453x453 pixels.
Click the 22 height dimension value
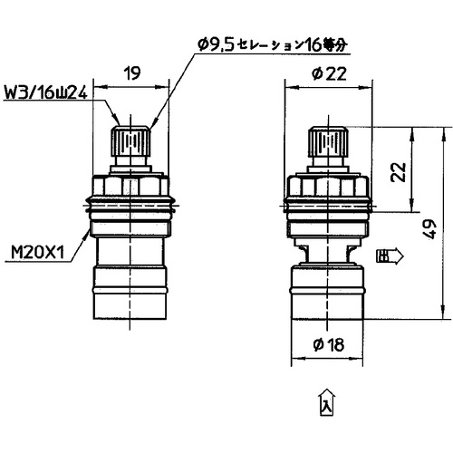[395, 173]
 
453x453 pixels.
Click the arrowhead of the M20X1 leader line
[91, 228]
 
